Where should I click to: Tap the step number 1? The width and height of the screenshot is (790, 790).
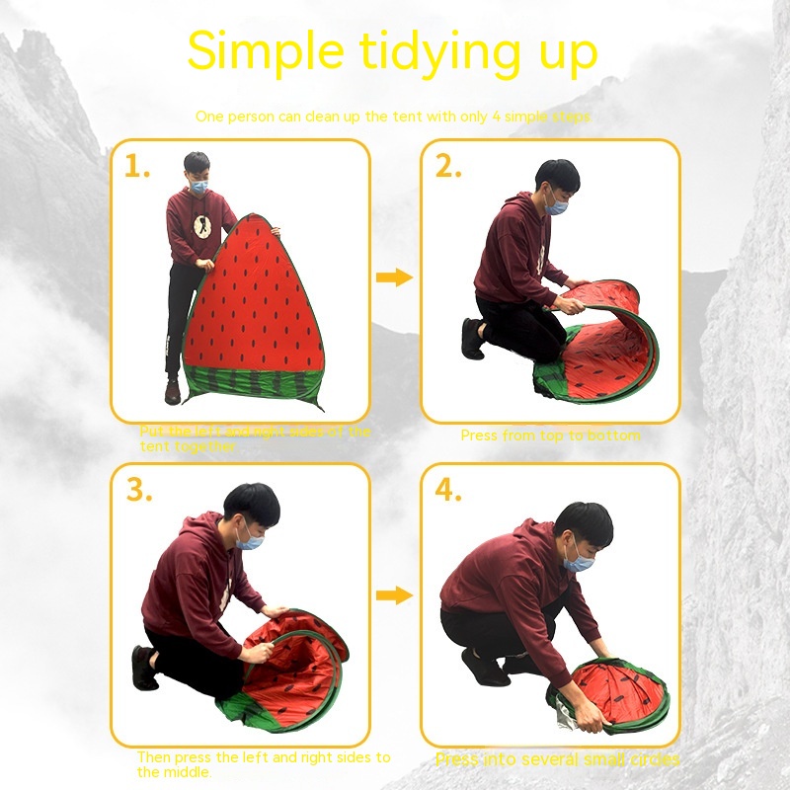coord(136,167)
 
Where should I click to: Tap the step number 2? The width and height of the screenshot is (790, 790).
coord(448,167)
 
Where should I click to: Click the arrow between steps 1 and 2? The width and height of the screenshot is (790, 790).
coord(395,277)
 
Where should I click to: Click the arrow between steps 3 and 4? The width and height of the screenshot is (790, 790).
coord(395,595)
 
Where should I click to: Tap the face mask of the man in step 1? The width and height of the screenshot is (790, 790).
coord(198,185)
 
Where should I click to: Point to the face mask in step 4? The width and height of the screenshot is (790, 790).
coord(579,558)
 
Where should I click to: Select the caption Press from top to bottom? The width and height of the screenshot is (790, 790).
coord(550,435)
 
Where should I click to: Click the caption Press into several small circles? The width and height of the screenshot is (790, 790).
coord(557,759)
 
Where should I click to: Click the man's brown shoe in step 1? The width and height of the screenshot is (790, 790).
coord(173,393)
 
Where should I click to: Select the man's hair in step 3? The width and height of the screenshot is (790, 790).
coord(251,503)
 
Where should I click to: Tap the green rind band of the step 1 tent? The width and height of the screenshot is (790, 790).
coord(252,382)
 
